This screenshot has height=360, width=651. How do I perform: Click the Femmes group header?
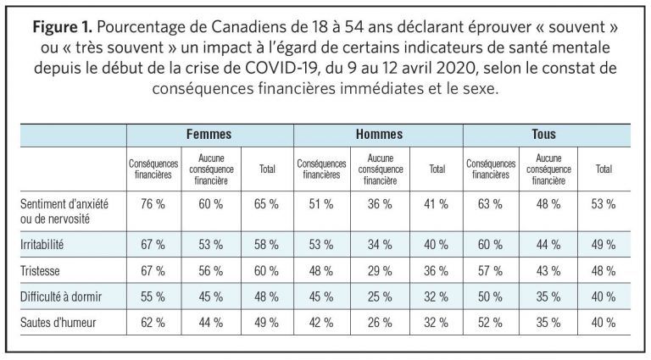pyautogui.click(x=209, y=135)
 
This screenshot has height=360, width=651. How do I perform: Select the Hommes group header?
pyautogui.click(x=379, y=135)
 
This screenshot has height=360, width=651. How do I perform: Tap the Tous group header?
pyautogui.click(x=543, y=135)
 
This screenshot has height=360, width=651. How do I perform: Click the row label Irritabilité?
pyautogui.click(x=42, y=245)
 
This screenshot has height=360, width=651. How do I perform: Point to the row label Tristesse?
pyautogui.click(x=40, y=271)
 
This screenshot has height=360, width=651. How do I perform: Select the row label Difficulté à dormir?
pyautogui.click(x=61, y=297)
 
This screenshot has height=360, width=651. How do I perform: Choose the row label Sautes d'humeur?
pyautogui.click(x=58, y=323)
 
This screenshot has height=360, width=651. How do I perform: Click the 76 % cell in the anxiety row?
pyautogui.click(x=153, y=204)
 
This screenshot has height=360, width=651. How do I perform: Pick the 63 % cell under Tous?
pyautogui.click(x=490, y=204)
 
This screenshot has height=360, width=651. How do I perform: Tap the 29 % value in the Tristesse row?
pyautogui.click(x=380, y=271)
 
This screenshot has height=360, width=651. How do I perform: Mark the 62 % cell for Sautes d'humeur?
pyautogui.click(x=153, y=323)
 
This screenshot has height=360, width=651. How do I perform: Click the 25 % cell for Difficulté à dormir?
pyautogui.click(x=380, y=297)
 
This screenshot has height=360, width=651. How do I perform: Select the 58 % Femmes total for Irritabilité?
pyautogui.click(x=266, y=245)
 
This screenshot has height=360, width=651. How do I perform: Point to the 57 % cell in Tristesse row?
pyautogui.click(x=490, y=271)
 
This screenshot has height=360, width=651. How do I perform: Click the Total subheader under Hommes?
pyautogui.click(x=437, y=169)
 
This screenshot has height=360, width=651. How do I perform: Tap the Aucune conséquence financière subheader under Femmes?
pyautogui.click(x=211, y=169)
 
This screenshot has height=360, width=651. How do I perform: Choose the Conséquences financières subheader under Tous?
pyautogui.click(x=491, y=169)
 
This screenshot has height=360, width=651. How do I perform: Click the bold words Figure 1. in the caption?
pyautogui.click(x=63, y=27)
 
